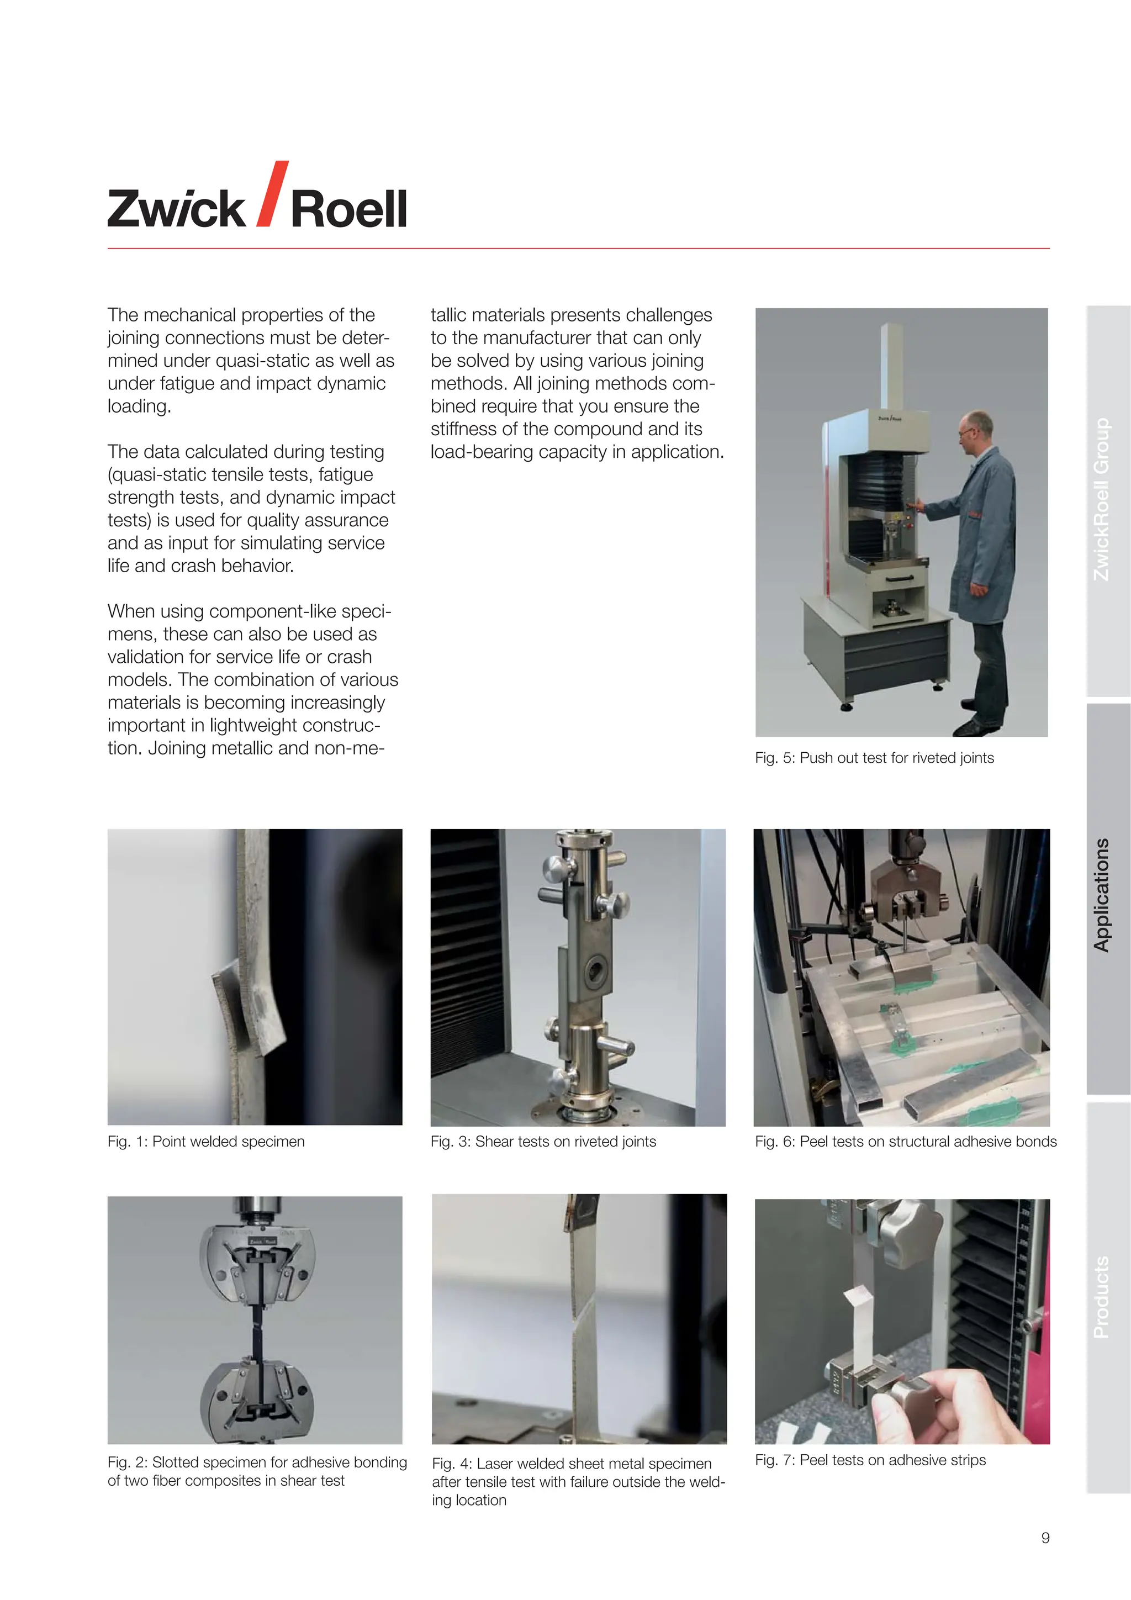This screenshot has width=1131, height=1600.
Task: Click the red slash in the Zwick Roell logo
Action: pos(272,194)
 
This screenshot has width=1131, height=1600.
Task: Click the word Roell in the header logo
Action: pos(348,209)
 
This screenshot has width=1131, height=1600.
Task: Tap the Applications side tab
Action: pos(1101,895)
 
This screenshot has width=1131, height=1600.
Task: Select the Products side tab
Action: pos(1101,1297)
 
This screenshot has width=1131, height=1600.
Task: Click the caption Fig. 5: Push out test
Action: pos(874,758)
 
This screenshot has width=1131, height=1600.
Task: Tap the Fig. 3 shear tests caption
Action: pos(543,1142)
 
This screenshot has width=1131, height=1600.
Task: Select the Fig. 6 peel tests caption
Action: pos(905,1142)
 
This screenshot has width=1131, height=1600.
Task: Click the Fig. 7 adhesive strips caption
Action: pos(870,1460)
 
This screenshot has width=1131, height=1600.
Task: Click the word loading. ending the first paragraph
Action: pos(139,406)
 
